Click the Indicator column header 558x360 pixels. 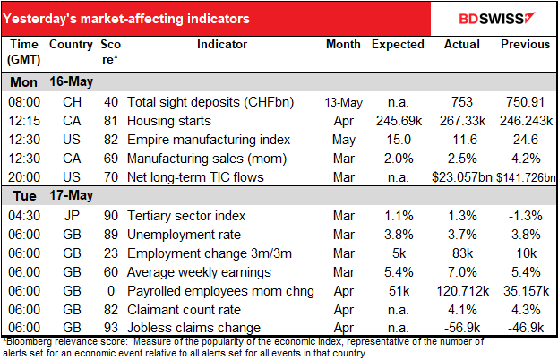click(x=223, y=44)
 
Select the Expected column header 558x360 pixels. click(x=398, y=44)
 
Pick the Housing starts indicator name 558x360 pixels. click(x=168, y=120)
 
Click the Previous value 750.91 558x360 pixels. click(x=525, y=101)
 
